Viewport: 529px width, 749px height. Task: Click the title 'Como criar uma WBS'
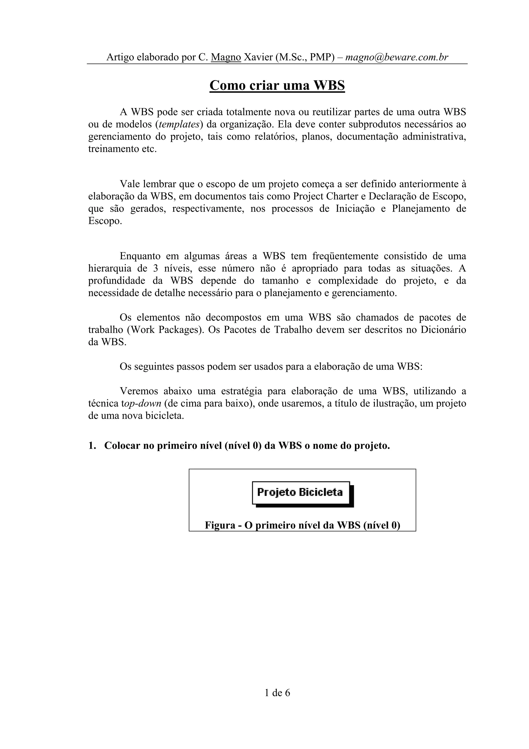pyautogui.click(x=277, y=86)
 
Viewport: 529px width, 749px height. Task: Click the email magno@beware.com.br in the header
pyautogui.click(x=397, y=57)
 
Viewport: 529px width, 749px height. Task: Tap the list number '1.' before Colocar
pyautogui.click(x=92, y=446)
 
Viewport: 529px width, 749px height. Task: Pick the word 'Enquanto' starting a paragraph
pyautogui.click(x=140, y=256)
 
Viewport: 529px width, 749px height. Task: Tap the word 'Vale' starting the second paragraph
pyautogui.click(x=129, y=184)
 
